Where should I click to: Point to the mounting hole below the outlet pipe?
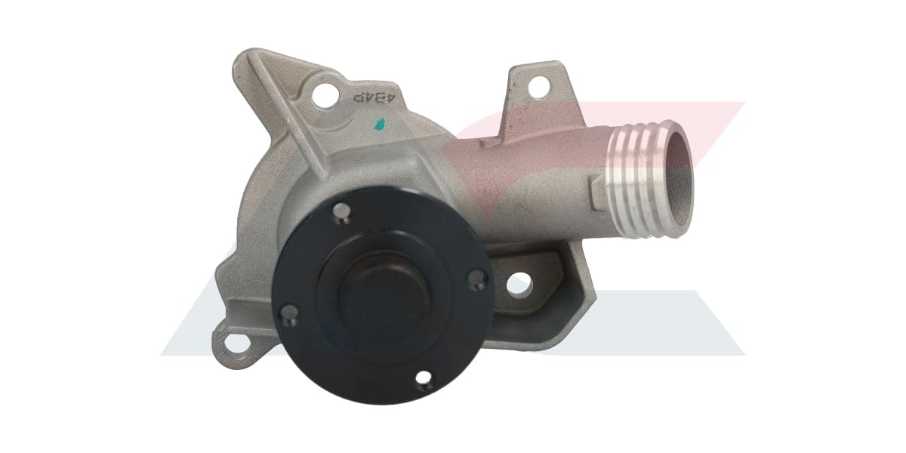pos(517,285)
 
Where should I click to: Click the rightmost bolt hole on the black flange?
pos(474,281)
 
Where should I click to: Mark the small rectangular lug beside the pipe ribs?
pos(596,182)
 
